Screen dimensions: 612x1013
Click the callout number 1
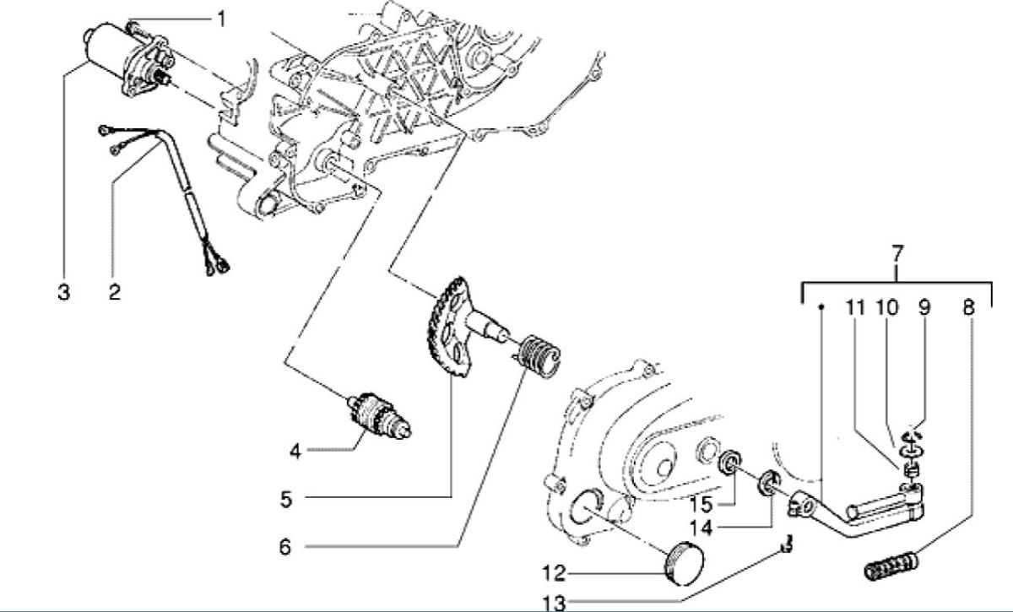tap(221, 17)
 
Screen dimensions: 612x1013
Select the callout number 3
tap(64, 293)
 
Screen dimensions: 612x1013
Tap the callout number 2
tap(114, 293)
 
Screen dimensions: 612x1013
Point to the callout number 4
tap(295, 452)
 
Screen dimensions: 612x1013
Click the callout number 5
tap(286, 500)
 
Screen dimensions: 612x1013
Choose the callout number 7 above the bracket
tap(897, 252)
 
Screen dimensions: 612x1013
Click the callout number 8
tap(968, 308)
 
